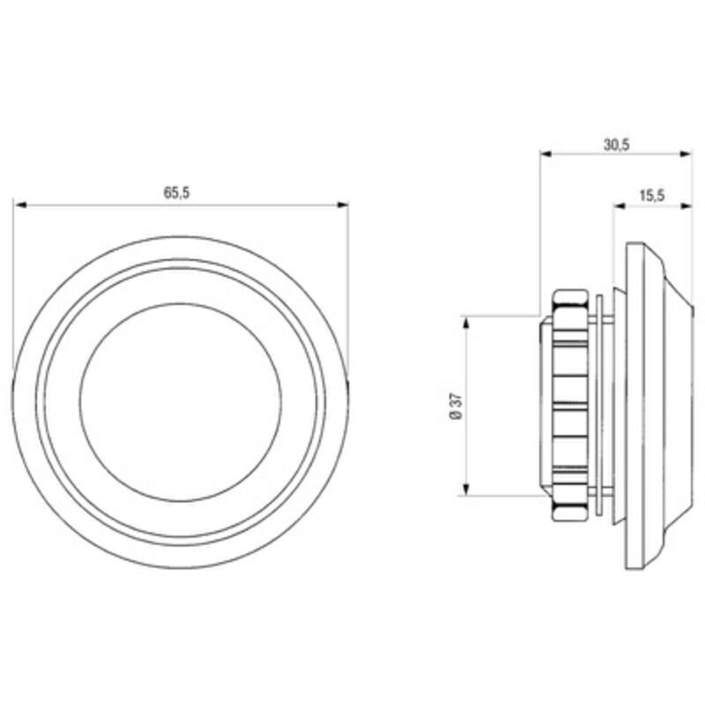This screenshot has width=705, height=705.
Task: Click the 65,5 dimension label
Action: pos(176,193)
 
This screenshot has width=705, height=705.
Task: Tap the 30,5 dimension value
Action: pos(616,145)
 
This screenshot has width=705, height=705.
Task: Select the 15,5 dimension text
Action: pos(652,196)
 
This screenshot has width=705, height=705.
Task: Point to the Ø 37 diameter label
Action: pos(456,406)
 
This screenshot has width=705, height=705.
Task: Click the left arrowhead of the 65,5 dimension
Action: pos(21,205)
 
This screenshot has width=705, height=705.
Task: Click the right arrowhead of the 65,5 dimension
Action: pos(343,205)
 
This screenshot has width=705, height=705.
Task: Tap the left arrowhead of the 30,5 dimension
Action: pos(545,153)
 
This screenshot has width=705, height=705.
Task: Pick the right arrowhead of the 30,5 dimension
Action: pos(686,153)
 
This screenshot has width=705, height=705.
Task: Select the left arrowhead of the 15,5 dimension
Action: pos(620,206)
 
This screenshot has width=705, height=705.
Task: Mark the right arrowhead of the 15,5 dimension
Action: pos(686,206)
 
